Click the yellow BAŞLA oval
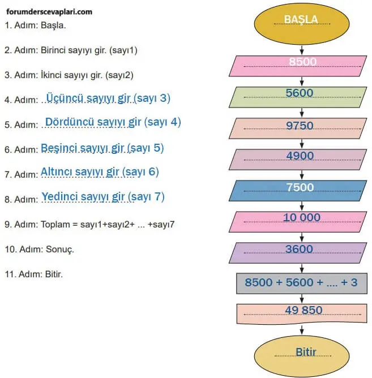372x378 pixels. coord(301,22)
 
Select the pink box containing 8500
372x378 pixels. coord(301,65)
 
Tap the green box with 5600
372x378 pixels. coord(301,96)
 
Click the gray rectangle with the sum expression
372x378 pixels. coord(301,282)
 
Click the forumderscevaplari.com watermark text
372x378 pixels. coord(49,11)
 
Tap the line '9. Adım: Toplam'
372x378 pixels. coord(89,224)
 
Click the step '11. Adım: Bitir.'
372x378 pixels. coord(33,274)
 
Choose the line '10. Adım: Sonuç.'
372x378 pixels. coord(40,249)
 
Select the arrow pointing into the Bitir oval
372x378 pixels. coord(301,333)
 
